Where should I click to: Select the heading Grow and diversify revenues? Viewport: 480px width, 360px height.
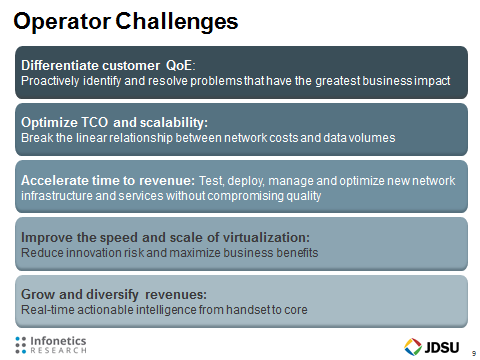(x=114, y=295)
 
